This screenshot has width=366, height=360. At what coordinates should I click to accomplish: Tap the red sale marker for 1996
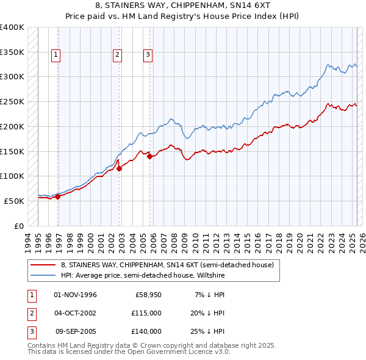click(58, 196)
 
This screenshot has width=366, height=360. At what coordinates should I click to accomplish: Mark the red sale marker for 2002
click(120, 169)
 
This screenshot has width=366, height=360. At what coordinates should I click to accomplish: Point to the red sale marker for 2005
click(149, 156)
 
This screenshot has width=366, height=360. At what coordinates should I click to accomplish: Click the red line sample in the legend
click(43, 265)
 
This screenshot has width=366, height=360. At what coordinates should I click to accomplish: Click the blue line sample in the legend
click(43, 275)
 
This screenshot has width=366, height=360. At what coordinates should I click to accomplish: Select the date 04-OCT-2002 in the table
click(75, 313)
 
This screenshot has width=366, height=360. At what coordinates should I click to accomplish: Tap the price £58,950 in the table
click(148, 295)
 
